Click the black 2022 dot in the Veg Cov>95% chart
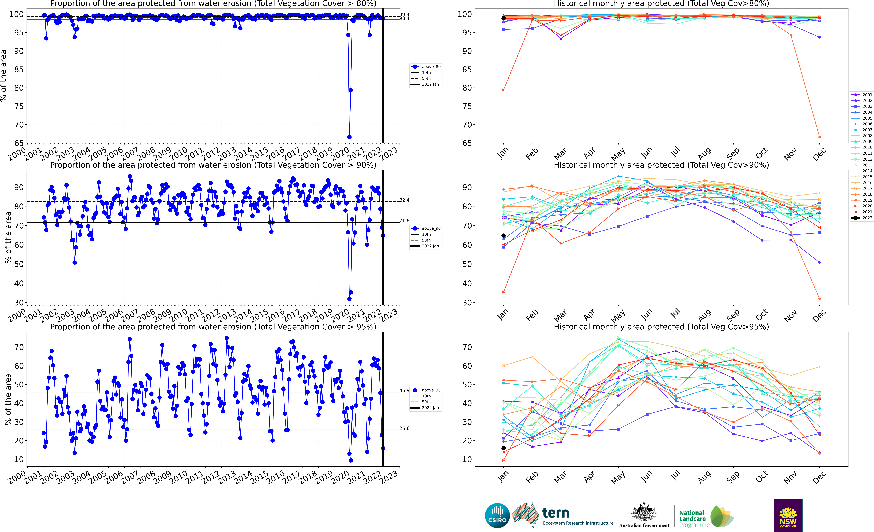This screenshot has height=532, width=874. [503, 448]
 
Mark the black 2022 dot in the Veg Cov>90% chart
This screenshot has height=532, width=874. [503, 235]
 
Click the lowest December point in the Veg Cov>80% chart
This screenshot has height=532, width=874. [819, 137]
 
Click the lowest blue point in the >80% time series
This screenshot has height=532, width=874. [349, 137]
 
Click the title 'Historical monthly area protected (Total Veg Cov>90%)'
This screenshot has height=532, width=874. [661, 165]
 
